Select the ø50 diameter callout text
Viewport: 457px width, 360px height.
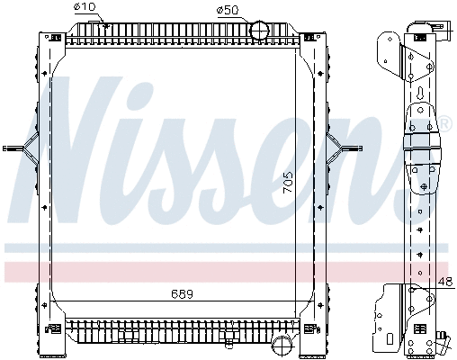[x=228, y=9]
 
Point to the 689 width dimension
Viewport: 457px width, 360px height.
[x=183, y=294]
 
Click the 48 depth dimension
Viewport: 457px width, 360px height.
[x=444, y=282]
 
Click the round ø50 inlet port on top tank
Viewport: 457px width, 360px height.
[x=259, y=30]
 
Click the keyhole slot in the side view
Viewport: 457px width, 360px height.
[x=421, y=94]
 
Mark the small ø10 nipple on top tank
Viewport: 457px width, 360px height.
[x=107, y=24]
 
